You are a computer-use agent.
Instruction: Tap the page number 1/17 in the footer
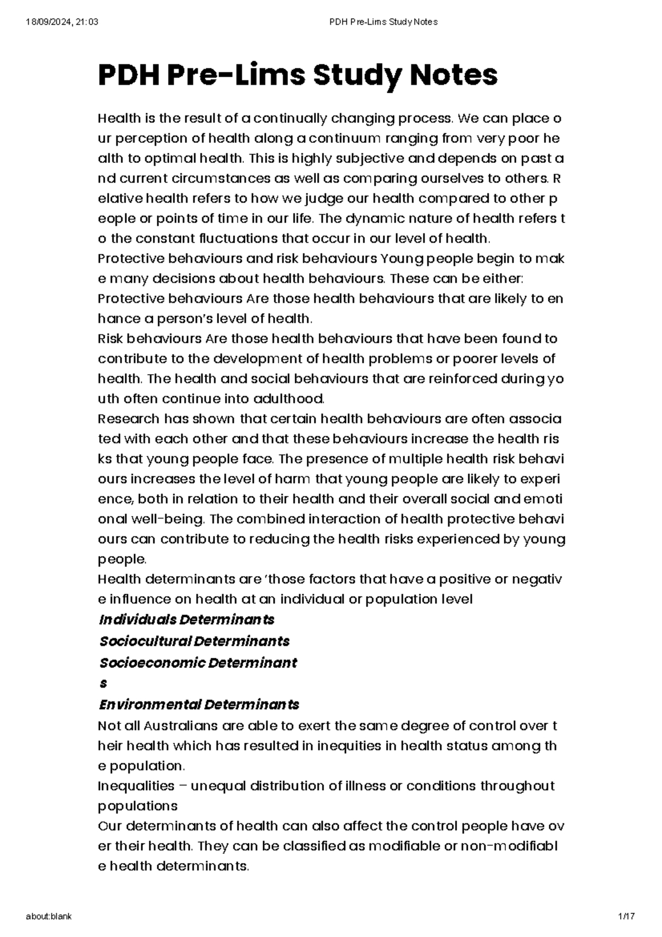click(627, 917)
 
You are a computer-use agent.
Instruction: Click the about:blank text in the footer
click(49, 917)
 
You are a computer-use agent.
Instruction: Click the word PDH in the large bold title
click(126, 75)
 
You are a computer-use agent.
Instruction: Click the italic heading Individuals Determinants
click(186, 620)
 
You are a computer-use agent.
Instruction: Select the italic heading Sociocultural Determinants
click(194, 641)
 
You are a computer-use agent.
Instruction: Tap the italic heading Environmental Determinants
click(199, 705)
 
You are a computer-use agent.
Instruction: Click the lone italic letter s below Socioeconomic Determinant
click(103, 684)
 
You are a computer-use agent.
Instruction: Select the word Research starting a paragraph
click(127, 419)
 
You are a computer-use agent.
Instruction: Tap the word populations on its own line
click(137, 806)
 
